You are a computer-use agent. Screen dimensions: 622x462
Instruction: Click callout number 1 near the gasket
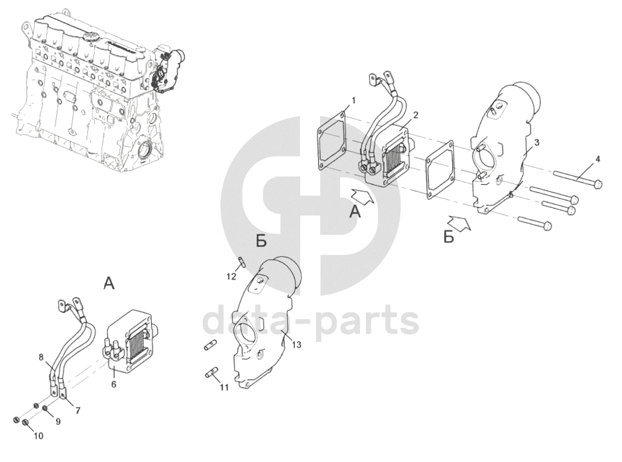click(x=353, y=100)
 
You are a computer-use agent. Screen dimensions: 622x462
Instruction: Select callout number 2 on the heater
click(x=416, y=115)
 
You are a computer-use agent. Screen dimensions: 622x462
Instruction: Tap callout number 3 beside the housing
click(x=536, y=143)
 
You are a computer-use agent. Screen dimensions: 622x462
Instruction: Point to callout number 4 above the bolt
click(x=597, y=159)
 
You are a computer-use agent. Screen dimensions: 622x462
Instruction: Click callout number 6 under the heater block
click(x=113, y=384)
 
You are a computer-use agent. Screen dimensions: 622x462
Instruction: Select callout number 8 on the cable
click(x=41, y=357)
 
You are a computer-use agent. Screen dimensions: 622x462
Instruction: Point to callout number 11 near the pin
click(x=224, y=388)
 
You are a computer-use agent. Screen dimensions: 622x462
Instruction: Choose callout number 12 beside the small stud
click(x=231, y=277)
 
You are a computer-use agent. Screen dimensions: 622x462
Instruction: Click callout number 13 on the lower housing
click(x=297, y=345)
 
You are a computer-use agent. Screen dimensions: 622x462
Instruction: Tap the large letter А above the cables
click(x=109, y=283)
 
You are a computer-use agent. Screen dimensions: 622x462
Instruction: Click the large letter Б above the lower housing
click(x=261, y=241)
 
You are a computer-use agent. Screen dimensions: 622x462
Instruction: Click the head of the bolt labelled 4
click(x=598, y=185)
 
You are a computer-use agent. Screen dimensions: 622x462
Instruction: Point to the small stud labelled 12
click(x=242, y=262)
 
